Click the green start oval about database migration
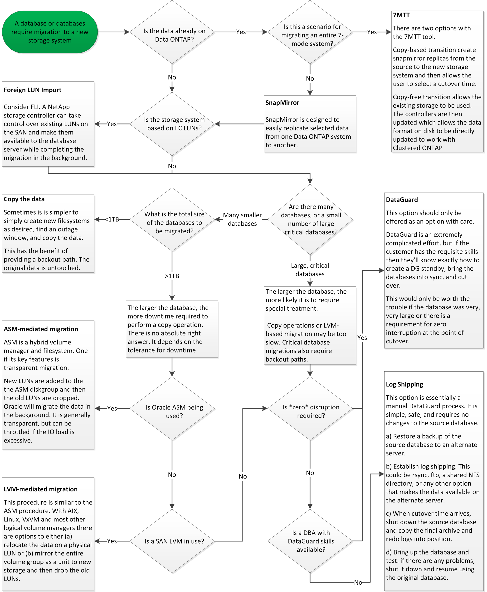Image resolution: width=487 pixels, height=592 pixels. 50,32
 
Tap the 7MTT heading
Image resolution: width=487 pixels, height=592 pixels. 401,15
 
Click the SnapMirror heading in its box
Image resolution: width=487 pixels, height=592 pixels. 282,103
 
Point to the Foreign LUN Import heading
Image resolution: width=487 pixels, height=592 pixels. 33,90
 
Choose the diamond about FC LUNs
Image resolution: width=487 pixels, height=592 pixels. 172,124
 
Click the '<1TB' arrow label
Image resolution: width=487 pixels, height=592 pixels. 112,220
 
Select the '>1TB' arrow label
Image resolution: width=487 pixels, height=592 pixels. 172,276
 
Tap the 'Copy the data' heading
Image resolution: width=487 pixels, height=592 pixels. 24,199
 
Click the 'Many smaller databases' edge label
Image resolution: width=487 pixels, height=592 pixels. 242,220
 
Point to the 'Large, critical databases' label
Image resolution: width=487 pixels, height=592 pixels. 310,270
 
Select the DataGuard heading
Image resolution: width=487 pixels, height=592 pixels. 402,200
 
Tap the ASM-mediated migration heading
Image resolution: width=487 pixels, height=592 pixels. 41,329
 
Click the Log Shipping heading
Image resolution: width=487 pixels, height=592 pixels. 404,384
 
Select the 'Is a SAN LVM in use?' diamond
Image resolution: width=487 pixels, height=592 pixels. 172,541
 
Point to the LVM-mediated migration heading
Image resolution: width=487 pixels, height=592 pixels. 41,489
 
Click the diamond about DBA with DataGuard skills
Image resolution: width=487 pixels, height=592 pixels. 310,541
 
